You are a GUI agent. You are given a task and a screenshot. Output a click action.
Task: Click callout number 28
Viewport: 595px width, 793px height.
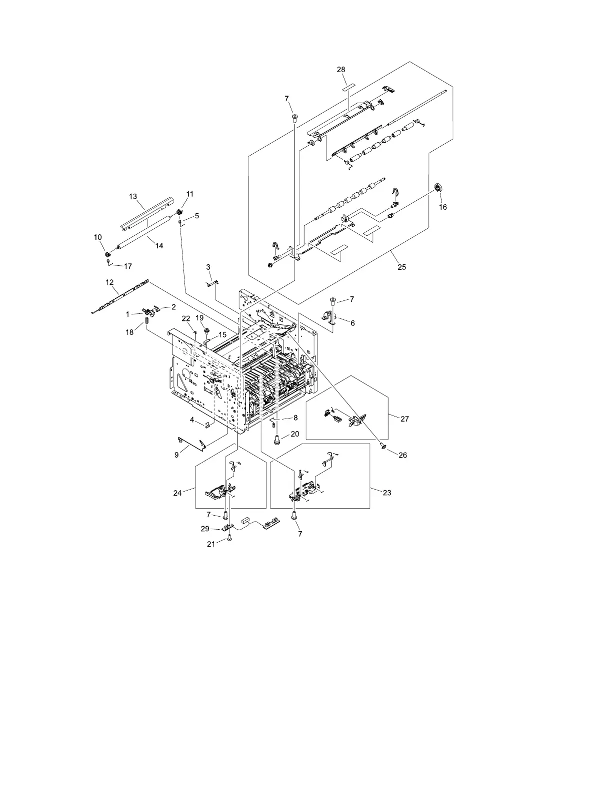point(341,70)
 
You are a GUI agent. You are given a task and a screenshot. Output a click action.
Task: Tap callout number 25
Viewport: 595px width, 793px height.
point(401,267)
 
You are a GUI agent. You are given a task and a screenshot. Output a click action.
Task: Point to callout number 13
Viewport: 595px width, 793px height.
point(133,196)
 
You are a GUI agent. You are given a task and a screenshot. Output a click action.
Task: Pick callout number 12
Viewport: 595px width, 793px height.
point(110,282)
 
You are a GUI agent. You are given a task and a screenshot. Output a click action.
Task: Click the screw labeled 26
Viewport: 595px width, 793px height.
point(383,445)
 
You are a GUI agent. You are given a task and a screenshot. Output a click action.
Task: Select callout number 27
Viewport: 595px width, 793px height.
point(404,419)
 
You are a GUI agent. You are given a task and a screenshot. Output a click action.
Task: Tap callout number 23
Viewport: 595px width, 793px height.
point(386,493)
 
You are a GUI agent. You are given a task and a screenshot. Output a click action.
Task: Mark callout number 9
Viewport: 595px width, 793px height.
point(176,455)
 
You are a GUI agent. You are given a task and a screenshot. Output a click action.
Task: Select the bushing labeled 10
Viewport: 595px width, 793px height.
point(106,246)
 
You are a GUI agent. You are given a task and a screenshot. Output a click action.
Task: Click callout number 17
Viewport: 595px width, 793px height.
point(127,266)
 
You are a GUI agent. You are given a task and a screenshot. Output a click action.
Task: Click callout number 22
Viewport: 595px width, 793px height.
point(186,318)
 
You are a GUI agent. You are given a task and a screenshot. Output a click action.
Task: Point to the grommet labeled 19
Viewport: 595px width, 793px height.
point(205,330)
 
